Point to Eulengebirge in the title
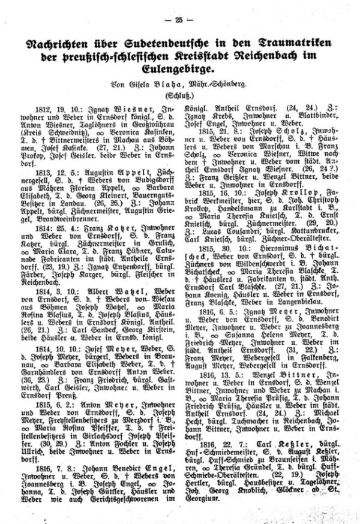pyautogui.click(x=180, y=71)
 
